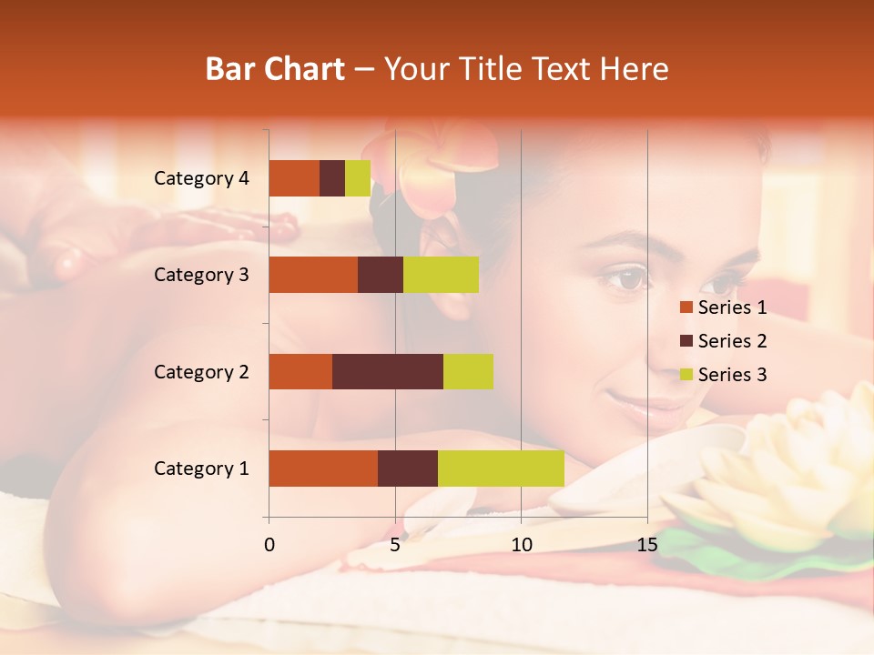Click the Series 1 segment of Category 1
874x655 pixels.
click(x=323, y=469)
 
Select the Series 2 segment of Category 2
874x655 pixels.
click(x=388, y=371)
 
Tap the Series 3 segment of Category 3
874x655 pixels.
click(x=441, y=275)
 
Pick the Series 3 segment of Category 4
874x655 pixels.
click(x=358, y=178)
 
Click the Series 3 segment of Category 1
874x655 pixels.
click(x=501, y=469)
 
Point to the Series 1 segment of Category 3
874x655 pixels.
click(x=313, y=275)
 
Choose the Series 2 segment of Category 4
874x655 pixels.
click(x=332, y=178)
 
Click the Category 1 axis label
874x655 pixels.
click(x=201, y=469)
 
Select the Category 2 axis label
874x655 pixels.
click(x=201, y=371)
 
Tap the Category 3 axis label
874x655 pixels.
click(x=201, y=275)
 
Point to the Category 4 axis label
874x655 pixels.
click(x=201, y=178)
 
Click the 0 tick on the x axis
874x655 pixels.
click(x=269, y=545)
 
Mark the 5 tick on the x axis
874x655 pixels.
click(x=395, y=545)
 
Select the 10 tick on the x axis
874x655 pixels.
click(x=521, y=545)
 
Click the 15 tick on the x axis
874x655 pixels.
click(x=647, y=545)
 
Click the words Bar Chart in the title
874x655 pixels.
click(x=275, y=68)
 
